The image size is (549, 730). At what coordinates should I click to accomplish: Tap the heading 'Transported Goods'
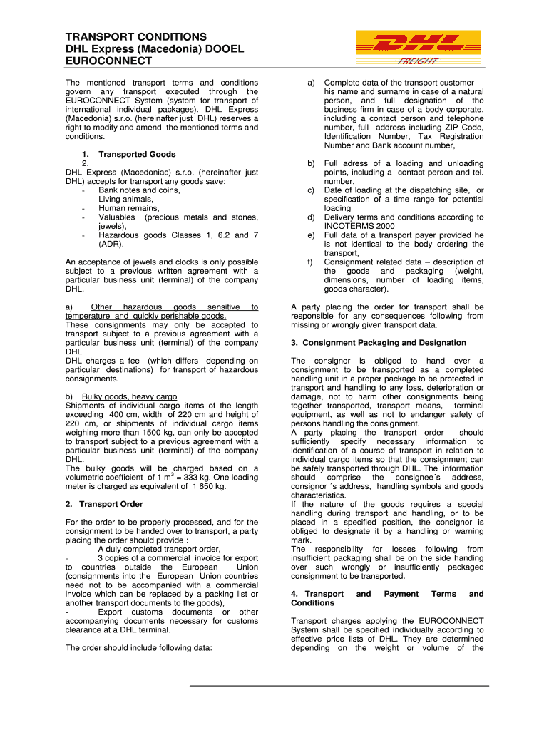tap(137, 154)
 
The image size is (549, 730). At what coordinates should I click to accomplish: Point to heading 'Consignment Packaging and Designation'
tap(379, 343)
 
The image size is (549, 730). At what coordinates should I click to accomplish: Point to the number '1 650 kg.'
tap(209, 486)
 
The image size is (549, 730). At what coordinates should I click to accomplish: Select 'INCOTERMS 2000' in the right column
tap(358, 226)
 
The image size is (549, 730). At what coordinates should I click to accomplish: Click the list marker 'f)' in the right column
tap(311, 262)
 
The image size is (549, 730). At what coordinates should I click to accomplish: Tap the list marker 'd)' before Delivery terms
tap(311, 217)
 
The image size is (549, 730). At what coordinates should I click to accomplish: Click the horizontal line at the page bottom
tap(339, 686)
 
